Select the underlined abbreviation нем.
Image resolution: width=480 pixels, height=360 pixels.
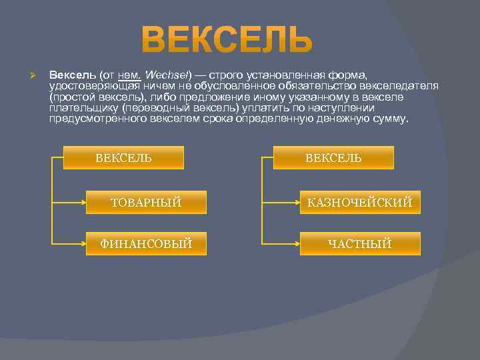(129, 75)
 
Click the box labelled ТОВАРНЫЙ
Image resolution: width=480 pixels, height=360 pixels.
(146, 202)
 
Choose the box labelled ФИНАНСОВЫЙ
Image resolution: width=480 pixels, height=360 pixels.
(146, 243)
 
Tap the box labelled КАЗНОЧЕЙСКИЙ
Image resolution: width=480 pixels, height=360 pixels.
(360, 202)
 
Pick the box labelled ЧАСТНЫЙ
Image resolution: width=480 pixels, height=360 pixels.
(360, 243)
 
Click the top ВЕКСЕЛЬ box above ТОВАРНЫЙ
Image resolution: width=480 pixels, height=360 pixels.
(123, 157)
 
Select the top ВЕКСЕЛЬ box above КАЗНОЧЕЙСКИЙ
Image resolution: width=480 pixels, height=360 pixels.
(333, 157)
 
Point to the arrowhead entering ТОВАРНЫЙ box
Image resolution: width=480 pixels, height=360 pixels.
(82, 201)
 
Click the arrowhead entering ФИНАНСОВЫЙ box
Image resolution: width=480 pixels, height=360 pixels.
(82, 243)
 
